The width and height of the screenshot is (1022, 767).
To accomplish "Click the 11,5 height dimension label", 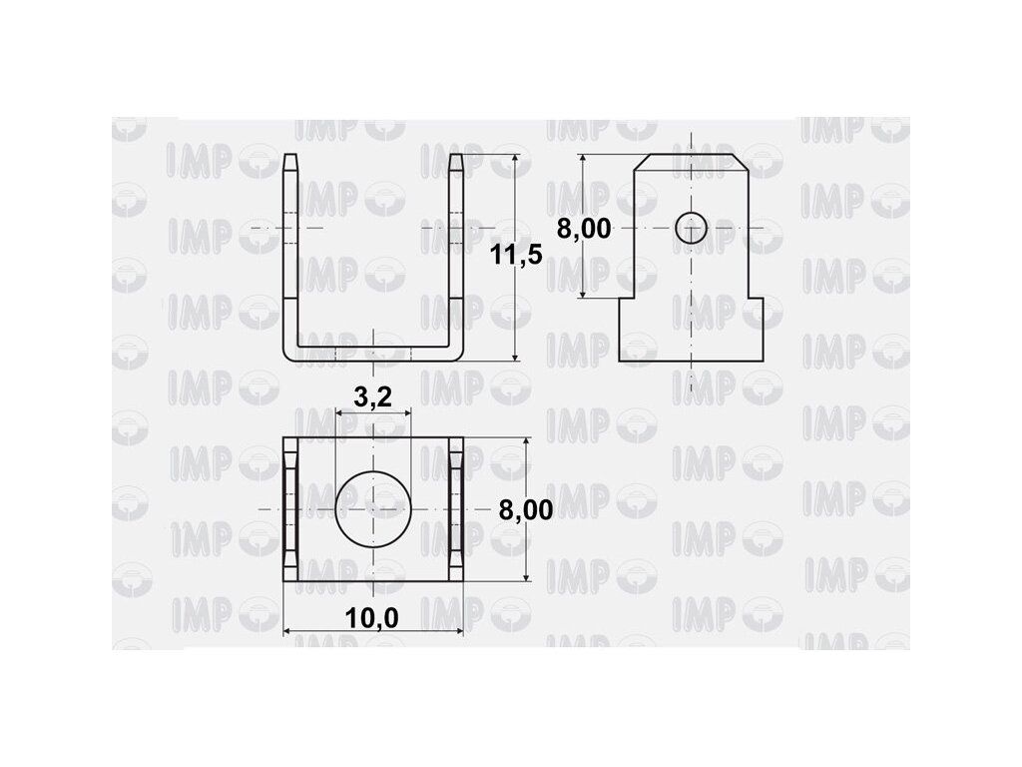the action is pos(516,254).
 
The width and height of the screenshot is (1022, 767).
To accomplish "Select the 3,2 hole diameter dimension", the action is pos(373,395).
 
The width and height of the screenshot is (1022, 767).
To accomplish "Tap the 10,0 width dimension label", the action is pos(371,617).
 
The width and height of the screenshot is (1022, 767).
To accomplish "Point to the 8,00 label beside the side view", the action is pos(584,229).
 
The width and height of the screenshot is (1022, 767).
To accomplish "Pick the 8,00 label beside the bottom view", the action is pos(526,509).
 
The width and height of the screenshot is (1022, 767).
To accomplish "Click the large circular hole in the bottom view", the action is pos(373,508).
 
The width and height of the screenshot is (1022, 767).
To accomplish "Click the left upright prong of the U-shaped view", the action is pos(290,255).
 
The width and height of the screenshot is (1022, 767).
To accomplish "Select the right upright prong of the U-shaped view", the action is pos(456,255).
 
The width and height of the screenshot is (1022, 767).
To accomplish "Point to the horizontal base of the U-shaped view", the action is pos(373,354).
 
